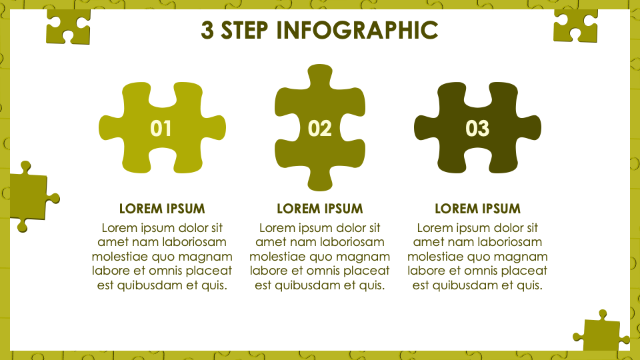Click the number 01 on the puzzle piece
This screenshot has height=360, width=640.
[x=161, y=129]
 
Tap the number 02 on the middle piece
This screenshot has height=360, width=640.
[x=319, y=129]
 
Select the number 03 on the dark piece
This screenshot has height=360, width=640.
[x=477, y=129]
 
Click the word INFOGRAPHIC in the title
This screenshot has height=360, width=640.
[x=357, y=30]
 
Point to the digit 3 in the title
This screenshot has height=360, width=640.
[x=207, y=30]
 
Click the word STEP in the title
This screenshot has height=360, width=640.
[x=245, y=30]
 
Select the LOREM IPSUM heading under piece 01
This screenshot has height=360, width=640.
[x=162, y=209]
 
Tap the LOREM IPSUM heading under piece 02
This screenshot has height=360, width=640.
[x=319, y=209]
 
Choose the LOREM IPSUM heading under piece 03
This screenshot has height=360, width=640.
[x=477, y=209]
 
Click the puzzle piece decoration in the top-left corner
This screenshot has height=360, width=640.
[x=68, y=25]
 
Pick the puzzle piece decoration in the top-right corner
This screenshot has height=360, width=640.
[x=575, y=25]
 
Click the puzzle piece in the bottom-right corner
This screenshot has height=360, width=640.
[x=601, y=331]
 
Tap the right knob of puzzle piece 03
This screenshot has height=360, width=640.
[x=530, y=128]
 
